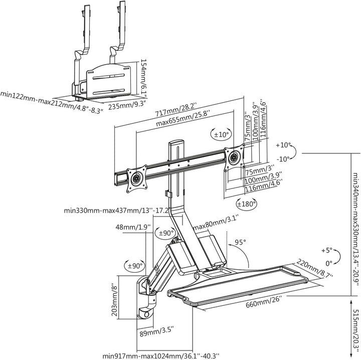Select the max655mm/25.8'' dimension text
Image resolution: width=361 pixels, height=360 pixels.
pos(183,119)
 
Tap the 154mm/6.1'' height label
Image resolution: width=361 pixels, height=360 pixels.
pos(143,78)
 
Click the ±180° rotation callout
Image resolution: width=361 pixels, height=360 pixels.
pos(246,204)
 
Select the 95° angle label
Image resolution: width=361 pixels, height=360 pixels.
pos(240,242)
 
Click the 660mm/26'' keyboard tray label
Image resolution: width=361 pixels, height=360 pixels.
pos(264,302)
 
